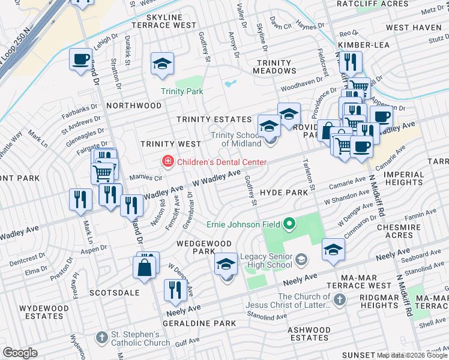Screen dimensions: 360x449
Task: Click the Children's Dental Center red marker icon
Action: pyautogui.click(x=169, y=161)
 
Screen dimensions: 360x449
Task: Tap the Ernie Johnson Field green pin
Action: pyautogui.click(x=289, y=224)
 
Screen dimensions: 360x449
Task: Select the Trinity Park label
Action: pyautogui.click(x=182, y=91)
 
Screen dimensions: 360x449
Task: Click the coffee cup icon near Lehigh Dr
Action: pyautogui.click(x=80, y=59)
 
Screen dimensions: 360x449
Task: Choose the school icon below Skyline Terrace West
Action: pyautogui.click(x=161, y=65)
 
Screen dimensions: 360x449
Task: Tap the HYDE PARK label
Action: pyautogui.click(x=284, y=192)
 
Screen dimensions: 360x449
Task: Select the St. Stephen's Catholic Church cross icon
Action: pyautogui.click(x=103, y=338)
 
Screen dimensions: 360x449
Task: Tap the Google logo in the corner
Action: pyautogui.click(x=20, y=353)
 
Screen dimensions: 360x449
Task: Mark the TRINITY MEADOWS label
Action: pyautogui.click(x=275, y=67)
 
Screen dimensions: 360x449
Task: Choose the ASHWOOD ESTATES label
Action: pyautogui.click(x=309, y=334)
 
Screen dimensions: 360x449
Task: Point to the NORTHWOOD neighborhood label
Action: pyautogui.click(x=134, y=106)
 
